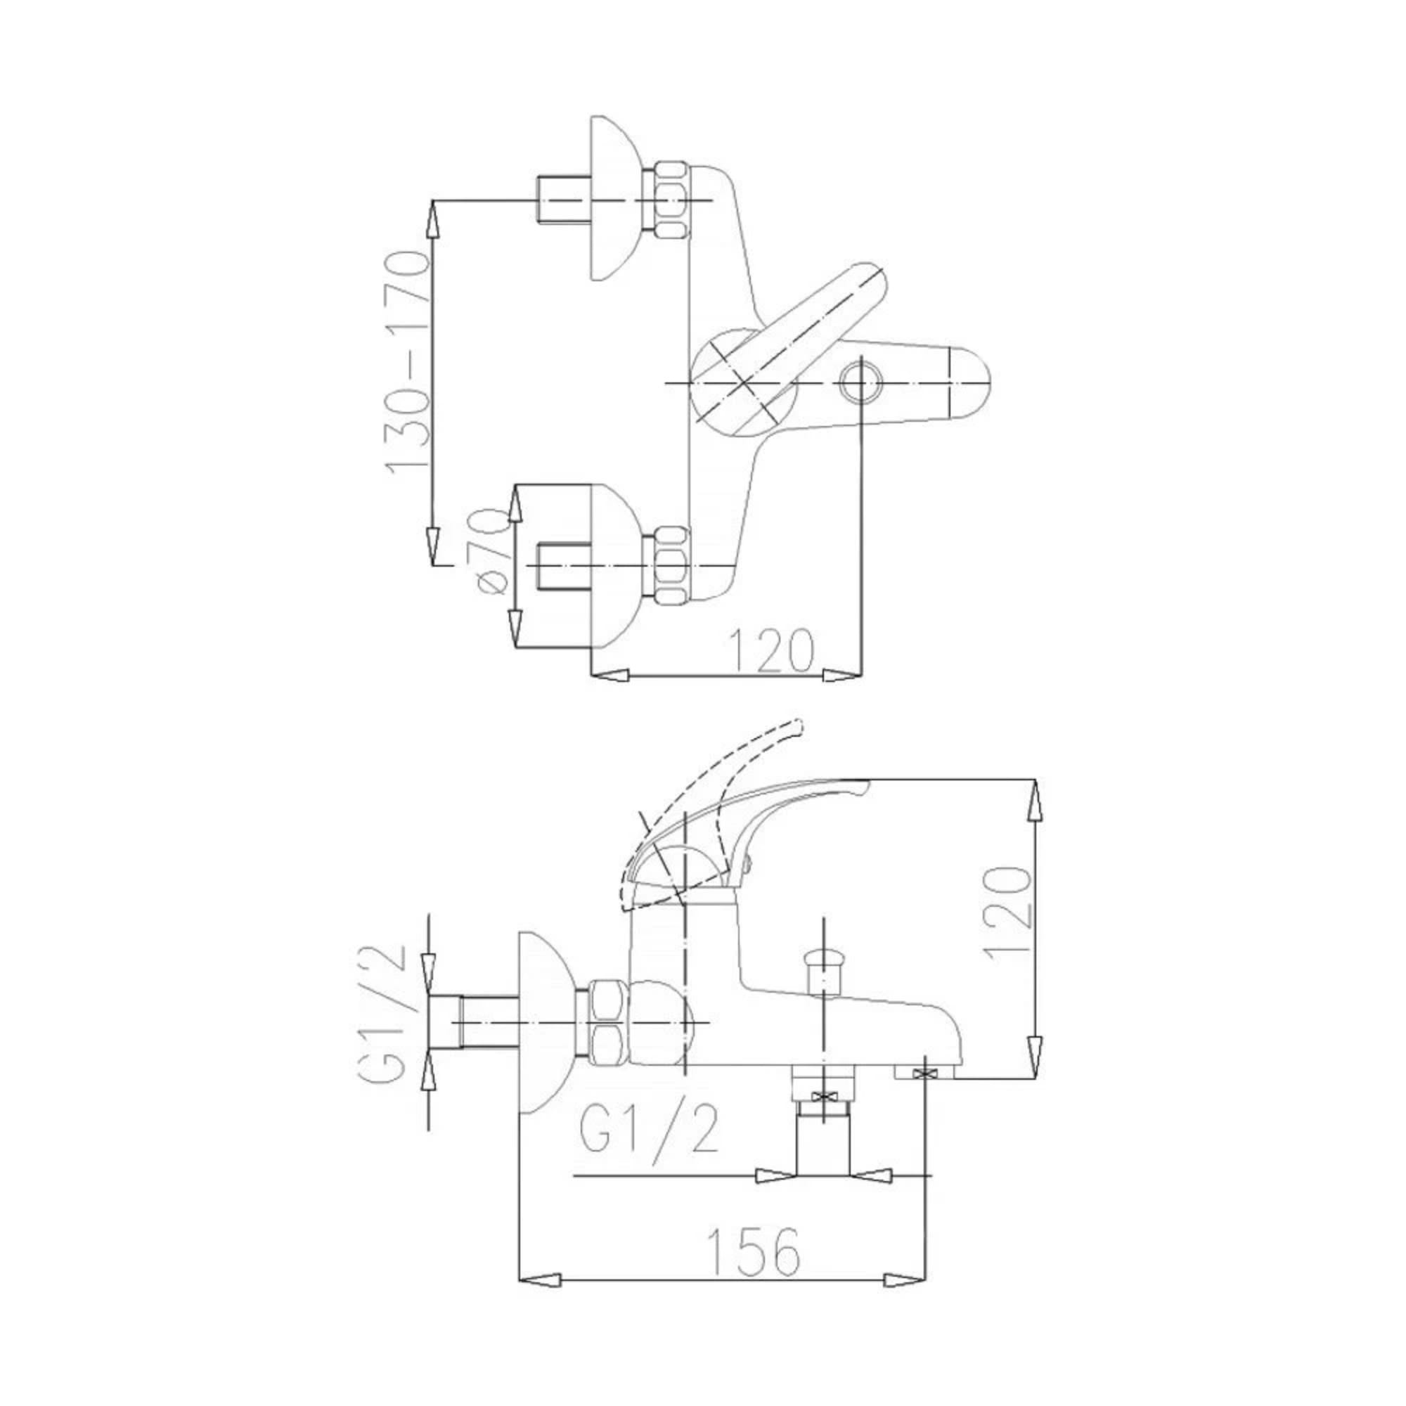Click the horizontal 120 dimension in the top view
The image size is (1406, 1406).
point(770,650)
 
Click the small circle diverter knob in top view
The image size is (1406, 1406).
point(860,383)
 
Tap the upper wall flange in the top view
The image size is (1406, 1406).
point(615,199)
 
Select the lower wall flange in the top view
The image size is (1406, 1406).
point(615,565)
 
